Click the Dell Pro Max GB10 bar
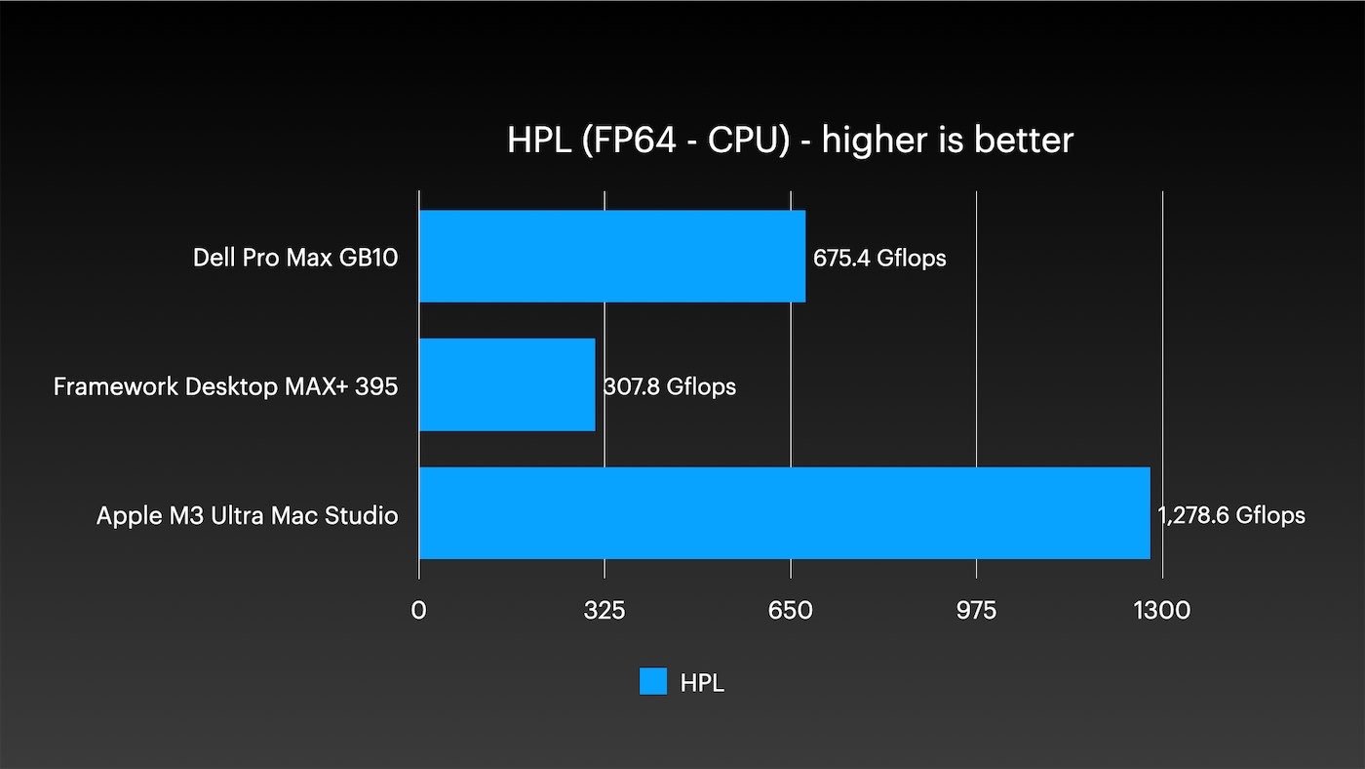click(612, 257)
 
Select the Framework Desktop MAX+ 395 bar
click(507, 384)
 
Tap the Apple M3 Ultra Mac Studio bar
click(785, 512)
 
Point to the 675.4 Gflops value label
click(879, 259)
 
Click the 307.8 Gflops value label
click(670, 386)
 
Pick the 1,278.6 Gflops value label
click(1231, 515)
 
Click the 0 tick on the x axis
click(418, 610)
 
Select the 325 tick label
click(604, 610)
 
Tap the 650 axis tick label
click(791, 610)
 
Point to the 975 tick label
click(977, 610)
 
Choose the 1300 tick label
click(1162, 610)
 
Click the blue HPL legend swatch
click(653, 681)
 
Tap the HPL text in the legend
click(702, 682)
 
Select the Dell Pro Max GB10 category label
click(295, 259)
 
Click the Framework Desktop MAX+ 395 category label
click(225, 386)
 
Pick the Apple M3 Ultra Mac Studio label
click(247, 515)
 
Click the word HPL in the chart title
click(535, 141)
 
